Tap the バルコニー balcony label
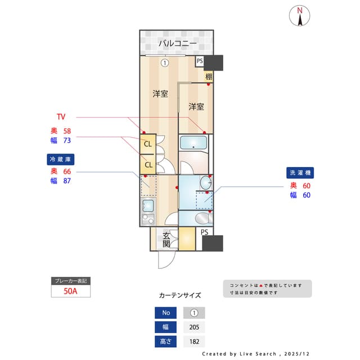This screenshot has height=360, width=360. (x=177, y=43)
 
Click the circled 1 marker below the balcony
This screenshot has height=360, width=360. (x=164, y=62)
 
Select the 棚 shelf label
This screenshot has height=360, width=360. (x=209, y=76)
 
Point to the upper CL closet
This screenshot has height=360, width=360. (x=148, y=144)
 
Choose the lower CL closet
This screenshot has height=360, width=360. (x=148, y=164)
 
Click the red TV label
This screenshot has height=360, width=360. (x=61, y=117)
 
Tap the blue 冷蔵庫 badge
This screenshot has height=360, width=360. (x=61, y=159)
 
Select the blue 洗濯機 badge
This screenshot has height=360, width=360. (x=300, y=173)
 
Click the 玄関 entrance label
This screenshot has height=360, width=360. (x=167, y=240)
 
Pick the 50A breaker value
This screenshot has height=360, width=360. (x=71, y=291)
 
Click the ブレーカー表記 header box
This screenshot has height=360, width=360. (x=71, y=280)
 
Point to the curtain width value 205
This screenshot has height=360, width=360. (x=194, y=327)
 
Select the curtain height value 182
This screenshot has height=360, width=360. (x=194, y=341)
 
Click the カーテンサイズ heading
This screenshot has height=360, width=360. (x=179, y=295)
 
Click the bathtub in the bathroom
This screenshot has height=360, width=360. (x=193, y=143)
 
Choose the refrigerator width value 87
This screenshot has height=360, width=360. (x=67, y=181)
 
